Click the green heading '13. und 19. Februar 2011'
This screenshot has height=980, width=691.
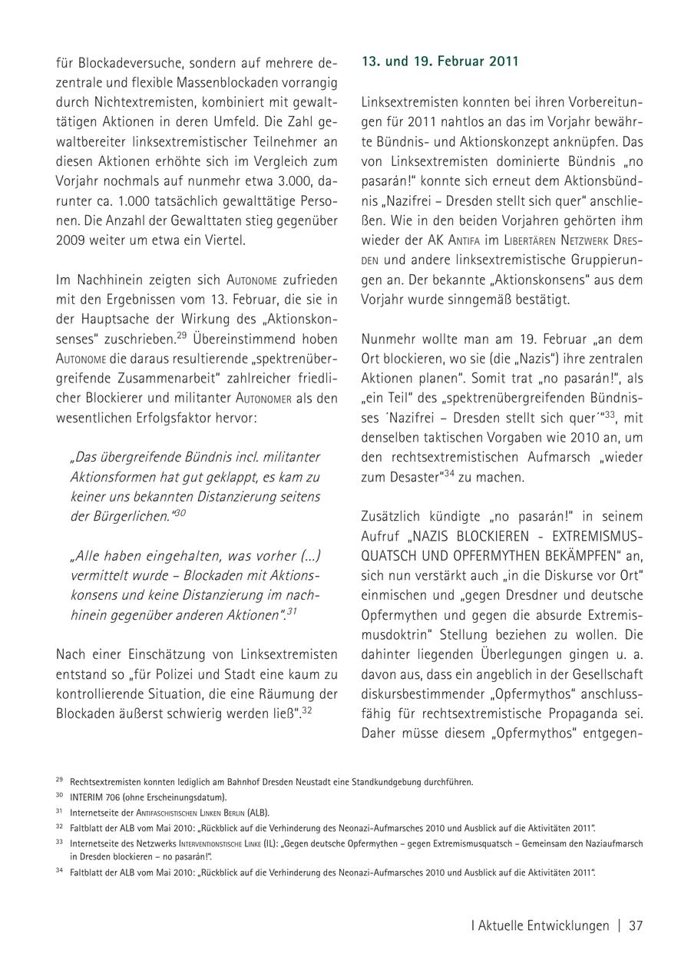tap(440, 61)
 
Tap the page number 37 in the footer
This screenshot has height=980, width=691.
tap(636, 925)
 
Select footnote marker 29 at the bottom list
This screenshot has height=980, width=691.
tap(59, 780)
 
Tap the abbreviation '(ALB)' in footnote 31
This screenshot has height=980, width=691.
tap(257, 812)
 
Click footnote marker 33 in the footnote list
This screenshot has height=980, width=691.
tap(59, 842)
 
